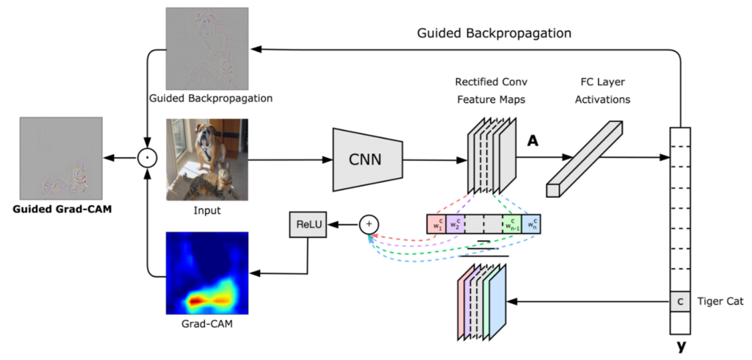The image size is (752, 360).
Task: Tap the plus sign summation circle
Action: click(x=369, y=224)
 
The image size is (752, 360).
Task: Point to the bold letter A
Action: click(x=534, y=140)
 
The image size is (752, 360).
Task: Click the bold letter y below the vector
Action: click(x=681, y=345)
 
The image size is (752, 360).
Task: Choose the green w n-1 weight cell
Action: click(x=512, y=223)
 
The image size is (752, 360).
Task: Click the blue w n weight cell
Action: click(x=531, y=223)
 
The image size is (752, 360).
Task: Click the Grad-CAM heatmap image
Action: click(x=207, y=273)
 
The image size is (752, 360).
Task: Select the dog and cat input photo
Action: click(x=207, y=159)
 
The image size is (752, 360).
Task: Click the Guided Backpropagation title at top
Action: click(x=493, y=33)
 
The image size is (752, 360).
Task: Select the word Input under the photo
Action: click(x=207, y=211)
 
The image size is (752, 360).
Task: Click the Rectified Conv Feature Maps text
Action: click(x=490, y=90)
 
